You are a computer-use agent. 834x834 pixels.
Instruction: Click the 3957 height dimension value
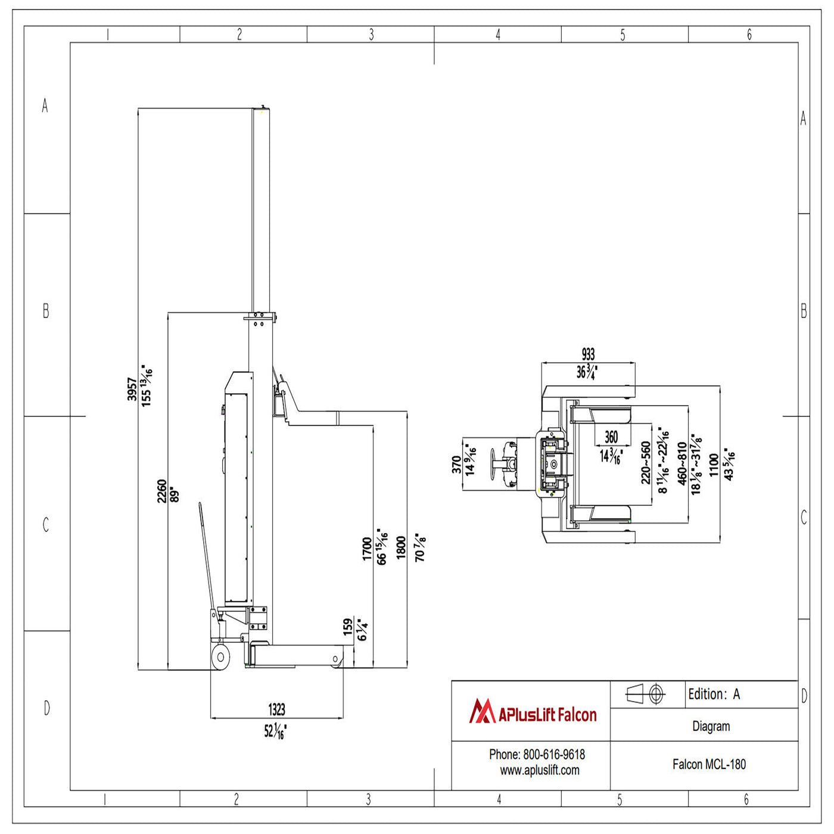click(132, 389)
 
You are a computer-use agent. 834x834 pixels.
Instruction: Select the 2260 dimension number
click(162, 491)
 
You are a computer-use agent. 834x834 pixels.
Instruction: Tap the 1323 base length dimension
click(276, 709)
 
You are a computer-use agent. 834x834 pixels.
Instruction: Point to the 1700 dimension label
click(368, 549)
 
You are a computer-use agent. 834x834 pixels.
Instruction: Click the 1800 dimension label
click(402, 547)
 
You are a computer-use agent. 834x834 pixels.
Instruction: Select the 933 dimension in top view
click(588, 354)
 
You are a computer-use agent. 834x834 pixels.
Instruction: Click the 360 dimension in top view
click(611, 437)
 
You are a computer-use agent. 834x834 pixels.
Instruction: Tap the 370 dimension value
click(456, 465)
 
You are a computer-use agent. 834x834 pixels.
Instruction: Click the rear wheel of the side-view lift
click(220, 657)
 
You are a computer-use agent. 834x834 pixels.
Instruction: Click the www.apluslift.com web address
click(539, 770)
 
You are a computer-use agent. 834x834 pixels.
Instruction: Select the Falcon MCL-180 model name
click(709, 764)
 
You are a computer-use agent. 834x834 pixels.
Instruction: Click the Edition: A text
click(714, 694)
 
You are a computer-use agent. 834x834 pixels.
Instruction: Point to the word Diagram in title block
click(711, 726)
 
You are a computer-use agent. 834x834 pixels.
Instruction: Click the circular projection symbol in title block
click(656, 694)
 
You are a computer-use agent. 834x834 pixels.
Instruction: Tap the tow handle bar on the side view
click(206, 554)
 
